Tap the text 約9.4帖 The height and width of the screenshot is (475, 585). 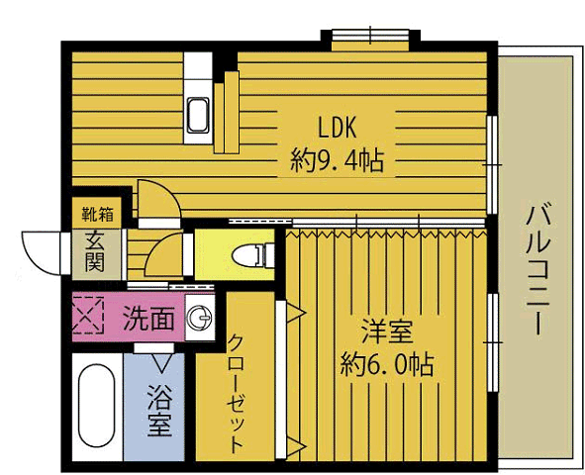[339, 158]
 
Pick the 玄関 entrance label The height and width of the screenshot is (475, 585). [94, 251]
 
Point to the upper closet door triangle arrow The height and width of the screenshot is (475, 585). [294, 312]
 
